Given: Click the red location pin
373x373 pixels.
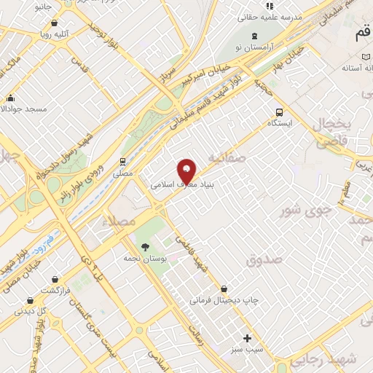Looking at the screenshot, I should coord(187,171).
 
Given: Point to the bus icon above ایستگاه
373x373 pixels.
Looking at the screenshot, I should coord(279,112).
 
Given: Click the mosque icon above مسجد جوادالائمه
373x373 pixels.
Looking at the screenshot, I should coord(10,98).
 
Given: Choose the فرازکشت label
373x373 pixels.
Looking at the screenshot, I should coord(55,290).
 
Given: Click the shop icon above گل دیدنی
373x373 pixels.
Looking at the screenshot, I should coord(30,299).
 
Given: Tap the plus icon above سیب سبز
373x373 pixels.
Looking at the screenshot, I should coord(247,338).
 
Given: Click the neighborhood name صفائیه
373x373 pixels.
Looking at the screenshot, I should coord(222,157).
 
